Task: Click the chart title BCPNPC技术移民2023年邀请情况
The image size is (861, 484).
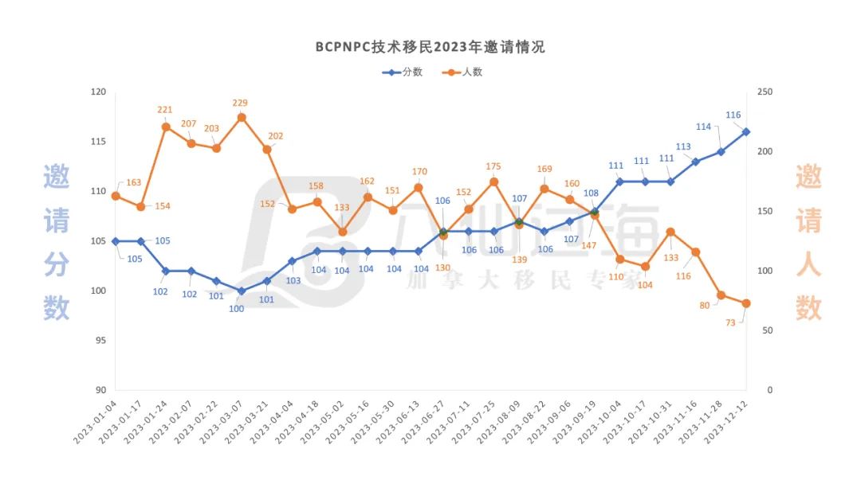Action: tap(431, 46)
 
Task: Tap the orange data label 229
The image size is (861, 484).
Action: tap(242, 103)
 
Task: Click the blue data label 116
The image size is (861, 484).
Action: tap(733, 115)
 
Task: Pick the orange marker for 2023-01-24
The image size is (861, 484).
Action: tap(166, 127)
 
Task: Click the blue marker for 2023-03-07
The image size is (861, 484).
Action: tap(242, 291)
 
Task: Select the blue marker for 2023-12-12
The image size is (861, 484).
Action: tap(746, 131)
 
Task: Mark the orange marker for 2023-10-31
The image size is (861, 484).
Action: tap(670, 232)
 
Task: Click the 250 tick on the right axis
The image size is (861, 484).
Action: tap(765, 92)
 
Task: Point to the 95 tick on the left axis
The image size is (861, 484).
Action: tap(100, 341)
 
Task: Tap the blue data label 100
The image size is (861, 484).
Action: tap(237, 309)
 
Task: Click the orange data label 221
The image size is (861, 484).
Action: tap(165, 110)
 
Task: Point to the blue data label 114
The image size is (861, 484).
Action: tap(703, 127)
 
